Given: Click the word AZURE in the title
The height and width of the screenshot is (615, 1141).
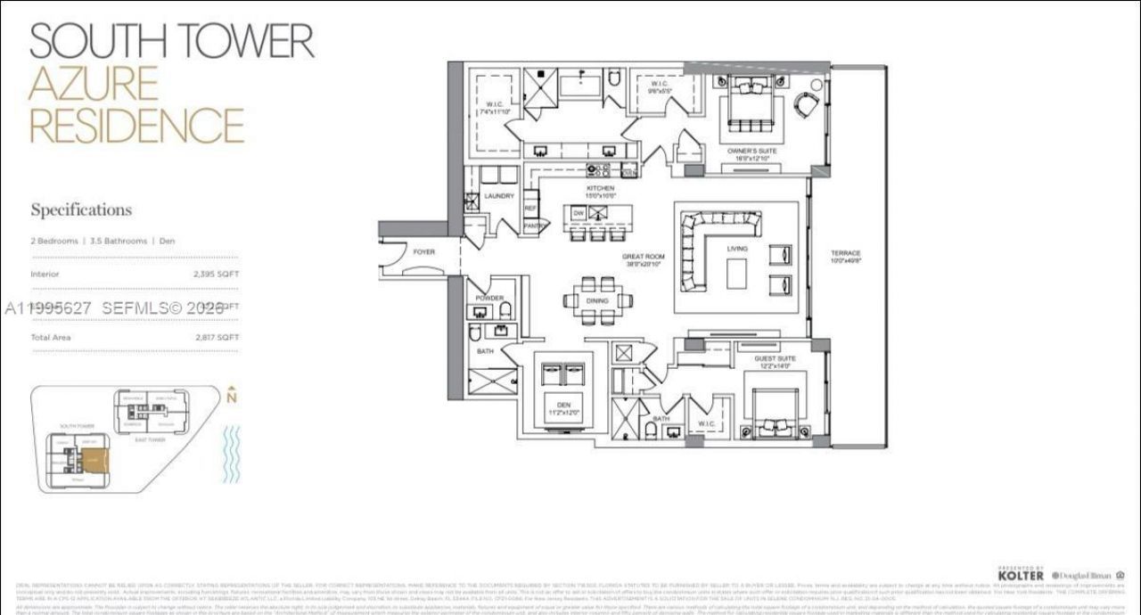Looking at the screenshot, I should pos(94,83).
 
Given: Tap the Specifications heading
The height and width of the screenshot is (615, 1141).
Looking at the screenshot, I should pos(81,210).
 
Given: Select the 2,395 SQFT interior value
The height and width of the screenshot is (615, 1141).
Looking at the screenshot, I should pos(216,274).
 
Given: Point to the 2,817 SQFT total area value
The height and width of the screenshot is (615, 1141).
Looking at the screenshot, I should pos(216,338).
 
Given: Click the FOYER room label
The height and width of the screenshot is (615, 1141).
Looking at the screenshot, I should pos(423,252).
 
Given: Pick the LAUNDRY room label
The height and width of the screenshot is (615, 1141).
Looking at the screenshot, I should pos(499,196).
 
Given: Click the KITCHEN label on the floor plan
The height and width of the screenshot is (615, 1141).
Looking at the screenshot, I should pos(600,189).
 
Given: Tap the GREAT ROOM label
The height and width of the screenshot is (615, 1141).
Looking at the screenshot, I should pos(644,257).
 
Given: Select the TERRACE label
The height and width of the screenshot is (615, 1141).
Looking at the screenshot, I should pos(846,253).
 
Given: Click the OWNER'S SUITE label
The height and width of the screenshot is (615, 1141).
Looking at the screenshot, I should pos(751,152).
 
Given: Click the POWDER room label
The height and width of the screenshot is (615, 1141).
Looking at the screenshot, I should pos(489,299).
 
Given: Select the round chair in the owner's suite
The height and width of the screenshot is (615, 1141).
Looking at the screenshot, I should pos(808,105).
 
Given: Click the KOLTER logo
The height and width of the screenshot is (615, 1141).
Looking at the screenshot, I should pos(1021,576).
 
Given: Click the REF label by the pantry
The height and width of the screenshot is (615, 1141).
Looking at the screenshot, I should pos(530,208).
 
